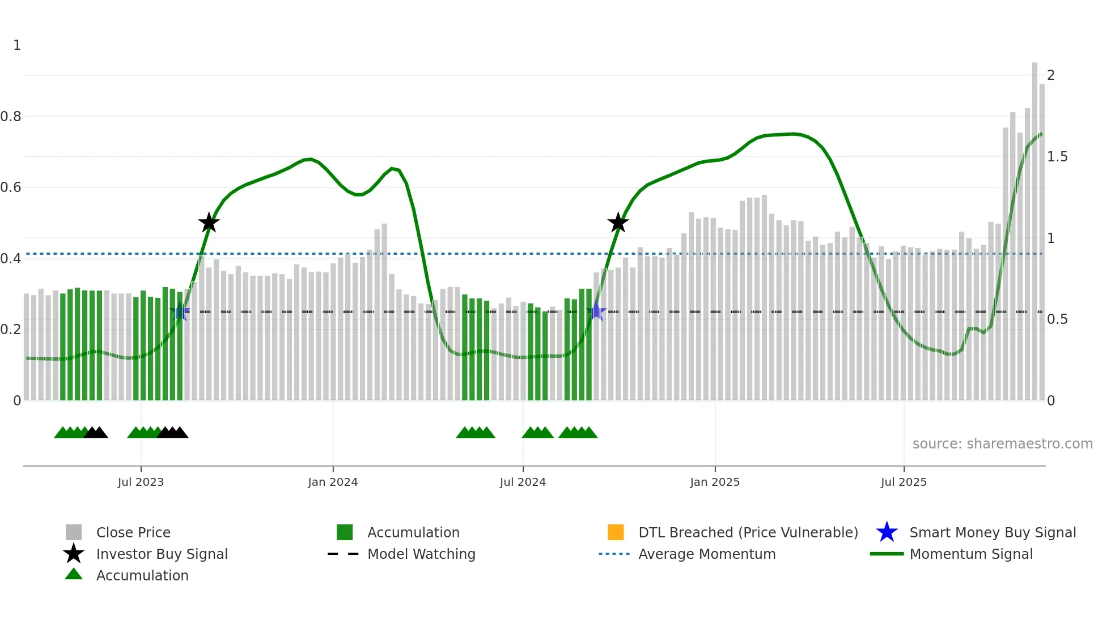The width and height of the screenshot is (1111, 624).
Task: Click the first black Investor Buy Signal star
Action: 209,223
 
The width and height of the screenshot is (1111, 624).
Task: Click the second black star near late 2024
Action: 618,223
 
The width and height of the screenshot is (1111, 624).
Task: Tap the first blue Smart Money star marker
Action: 180,311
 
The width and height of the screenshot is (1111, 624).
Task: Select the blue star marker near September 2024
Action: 596,311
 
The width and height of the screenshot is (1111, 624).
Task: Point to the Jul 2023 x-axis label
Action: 141,482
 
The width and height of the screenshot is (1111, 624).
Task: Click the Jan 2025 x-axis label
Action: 715,482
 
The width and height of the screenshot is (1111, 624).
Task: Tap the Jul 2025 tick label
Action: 904,482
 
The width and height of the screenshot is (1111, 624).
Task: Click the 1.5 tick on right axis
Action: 1057,157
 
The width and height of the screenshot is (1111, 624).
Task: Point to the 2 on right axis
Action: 1051,75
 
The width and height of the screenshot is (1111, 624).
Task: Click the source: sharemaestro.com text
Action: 1002,444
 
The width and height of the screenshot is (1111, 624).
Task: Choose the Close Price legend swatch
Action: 74,532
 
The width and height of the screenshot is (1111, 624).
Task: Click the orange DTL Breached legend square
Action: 616,532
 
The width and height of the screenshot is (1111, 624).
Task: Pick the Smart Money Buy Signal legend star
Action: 887,532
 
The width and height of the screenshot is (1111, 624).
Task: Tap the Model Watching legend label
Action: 421,554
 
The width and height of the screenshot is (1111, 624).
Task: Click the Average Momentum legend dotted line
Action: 614,554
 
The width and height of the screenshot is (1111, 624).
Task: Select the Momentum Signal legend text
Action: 971,554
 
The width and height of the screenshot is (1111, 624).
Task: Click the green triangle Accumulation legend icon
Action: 74,574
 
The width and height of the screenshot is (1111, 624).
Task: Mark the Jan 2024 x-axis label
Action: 333,482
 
